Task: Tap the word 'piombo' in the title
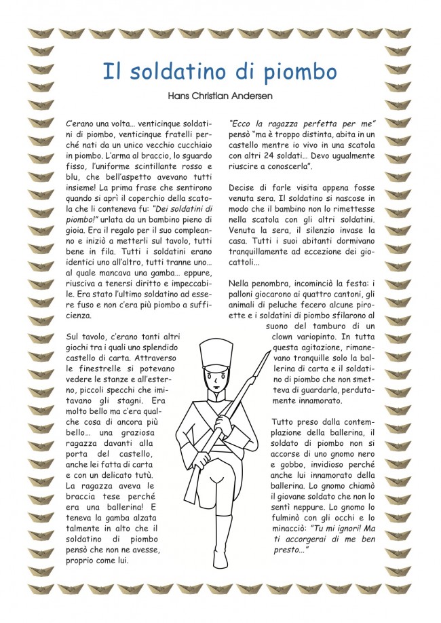coord(299,71)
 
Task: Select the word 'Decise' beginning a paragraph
coord(242,189)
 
